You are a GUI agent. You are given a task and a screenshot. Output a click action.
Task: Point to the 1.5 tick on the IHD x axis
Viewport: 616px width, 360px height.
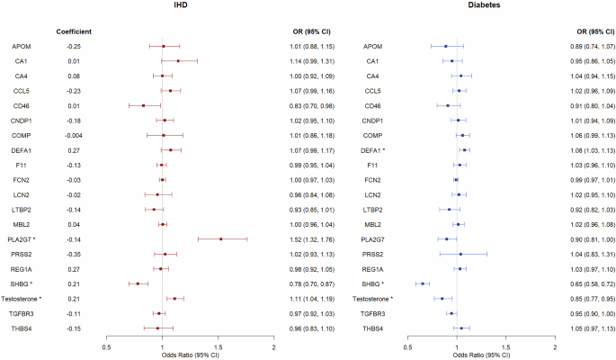(219, 346)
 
